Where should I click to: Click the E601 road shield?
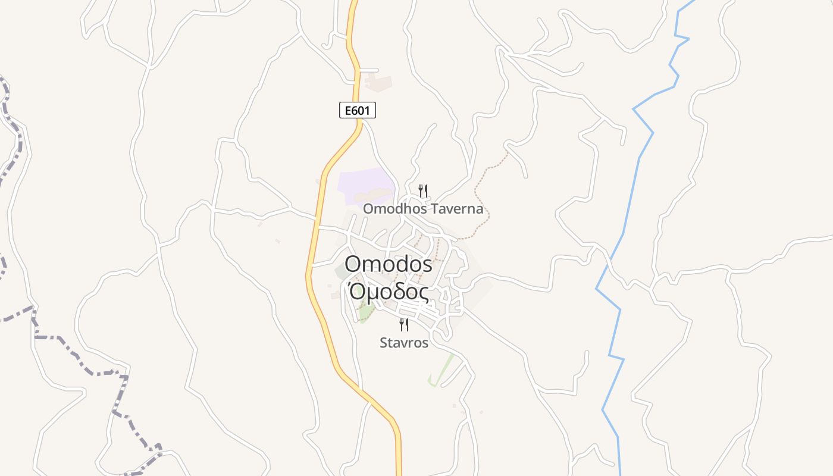358,110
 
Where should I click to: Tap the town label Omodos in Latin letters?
388,264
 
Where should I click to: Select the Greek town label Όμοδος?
388,292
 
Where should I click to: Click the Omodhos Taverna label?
423,209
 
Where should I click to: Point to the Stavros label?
404,343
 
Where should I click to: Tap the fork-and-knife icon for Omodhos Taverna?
423,191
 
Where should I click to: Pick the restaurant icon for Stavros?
404,325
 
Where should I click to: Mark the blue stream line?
631,196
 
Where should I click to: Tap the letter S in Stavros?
384,343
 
